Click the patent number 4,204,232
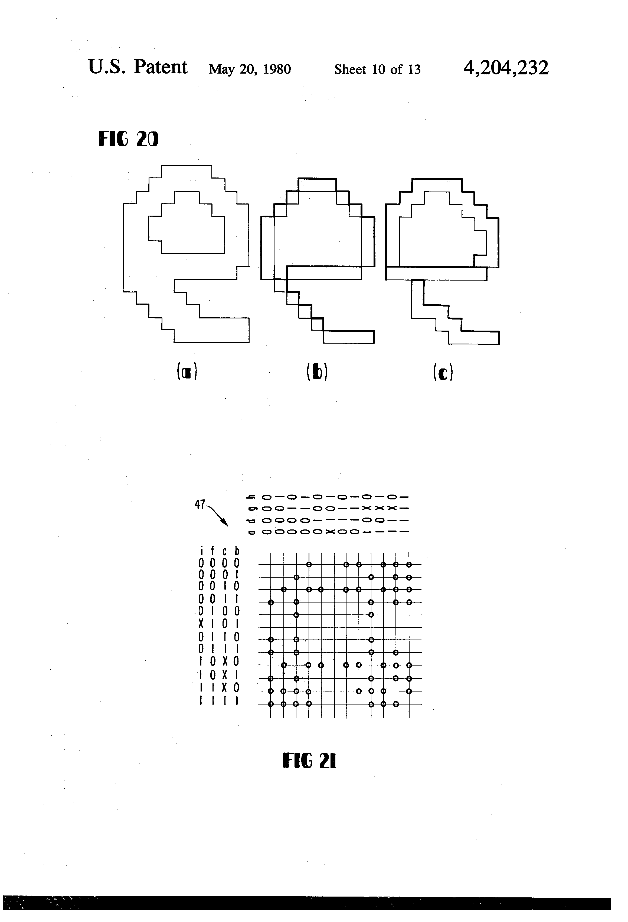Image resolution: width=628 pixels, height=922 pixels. click(506, 68)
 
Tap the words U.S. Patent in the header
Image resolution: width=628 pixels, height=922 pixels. click(137, 67)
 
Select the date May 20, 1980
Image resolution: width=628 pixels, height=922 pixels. click(250, 70)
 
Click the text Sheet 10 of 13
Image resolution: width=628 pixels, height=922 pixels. click(377, 70)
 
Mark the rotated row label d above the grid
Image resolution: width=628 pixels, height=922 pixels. click(250, 520)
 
